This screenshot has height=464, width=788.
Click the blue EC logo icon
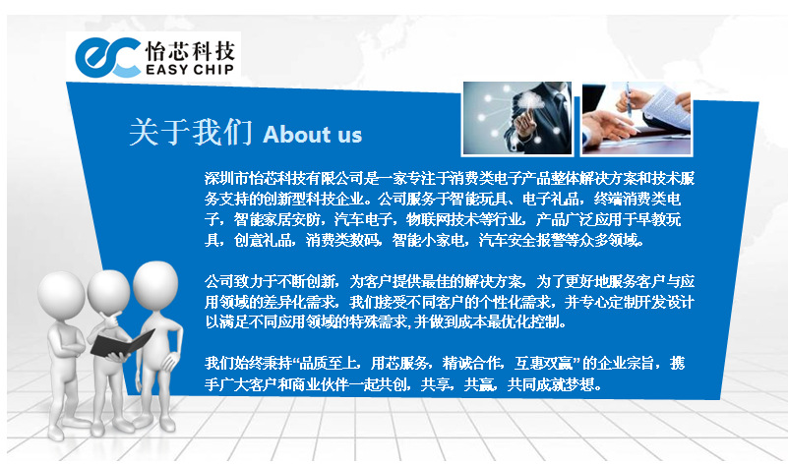[x=107, y=57]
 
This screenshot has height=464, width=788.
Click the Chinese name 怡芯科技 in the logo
[x=190, y=51]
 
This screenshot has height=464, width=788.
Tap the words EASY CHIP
[x=190, y=69]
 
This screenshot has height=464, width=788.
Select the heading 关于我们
[x=191, y=132]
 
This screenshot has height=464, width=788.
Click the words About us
[x=312, y=135]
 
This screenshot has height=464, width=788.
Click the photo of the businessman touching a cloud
[x=517, y=118]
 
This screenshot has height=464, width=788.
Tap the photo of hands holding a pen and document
[x=636, y=118]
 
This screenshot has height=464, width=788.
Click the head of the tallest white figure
[x=155, y=285]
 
